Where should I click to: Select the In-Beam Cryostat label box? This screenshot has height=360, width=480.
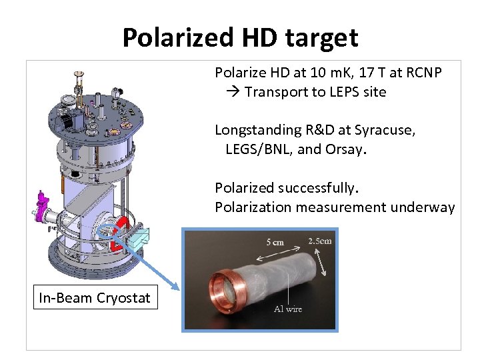[95, 298]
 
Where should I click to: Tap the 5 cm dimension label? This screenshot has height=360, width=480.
[274, 242]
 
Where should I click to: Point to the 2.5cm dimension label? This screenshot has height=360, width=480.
[319, 241]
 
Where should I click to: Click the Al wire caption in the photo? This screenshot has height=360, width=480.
[288, 308]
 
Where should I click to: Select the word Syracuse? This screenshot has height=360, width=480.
[386, 130]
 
